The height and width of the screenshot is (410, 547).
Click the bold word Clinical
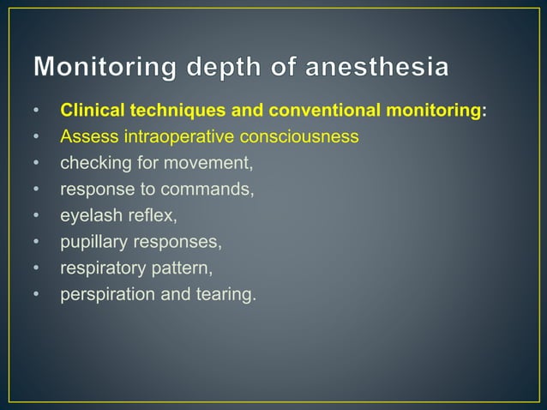pyautogui.click(x=92, y=111)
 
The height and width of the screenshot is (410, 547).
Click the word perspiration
pyautogui.click(x=104, y=294)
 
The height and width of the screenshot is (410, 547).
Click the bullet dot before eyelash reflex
pyautogui.click(x=37, y=215)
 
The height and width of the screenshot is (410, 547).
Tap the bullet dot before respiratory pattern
pyautogui.click(x=37, y=268)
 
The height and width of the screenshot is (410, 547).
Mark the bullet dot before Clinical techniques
pyautogui.click(x=37, y=111)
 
